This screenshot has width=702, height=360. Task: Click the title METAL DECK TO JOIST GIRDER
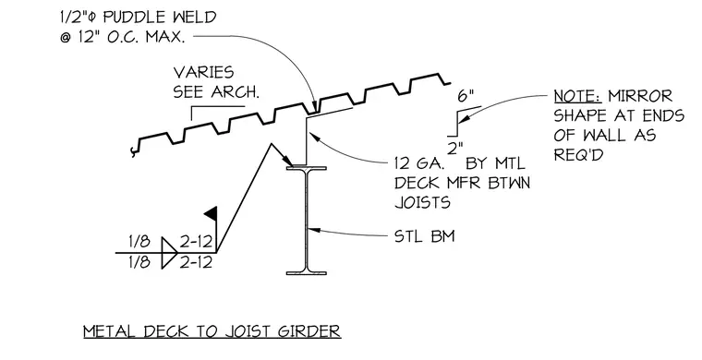[212, 331]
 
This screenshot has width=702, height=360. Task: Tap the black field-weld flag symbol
[212, 213]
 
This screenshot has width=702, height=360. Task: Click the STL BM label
[424, 235]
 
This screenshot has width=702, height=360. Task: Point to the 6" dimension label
[466, 96]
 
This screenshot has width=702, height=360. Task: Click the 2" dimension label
[454, 149]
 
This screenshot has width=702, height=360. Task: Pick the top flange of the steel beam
[307, 168]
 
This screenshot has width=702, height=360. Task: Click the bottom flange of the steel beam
[307, 272]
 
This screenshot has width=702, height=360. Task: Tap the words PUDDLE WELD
[160, 18]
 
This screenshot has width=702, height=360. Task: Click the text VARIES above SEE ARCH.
[203, 72]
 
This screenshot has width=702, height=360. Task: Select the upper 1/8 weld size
[139, 242]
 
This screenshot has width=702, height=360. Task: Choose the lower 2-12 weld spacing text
[196, 261]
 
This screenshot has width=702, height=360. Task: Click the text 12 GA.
[419, 163]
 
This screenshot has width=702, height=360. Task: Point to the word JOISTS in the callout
[422, 202]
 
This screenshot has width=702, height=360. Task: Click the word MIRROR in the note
[640, 96]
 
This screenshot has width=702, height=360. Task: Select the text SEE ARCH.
[216, 91]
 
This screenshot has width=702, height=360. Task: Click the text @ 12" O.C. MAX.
[122, 37]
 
